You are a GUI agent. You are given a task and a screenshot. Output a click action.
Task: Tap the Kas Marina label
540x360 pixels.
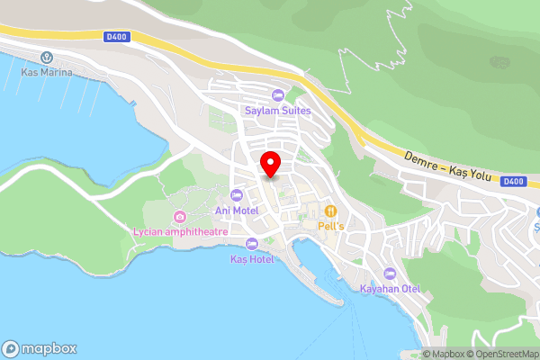coord(48,71)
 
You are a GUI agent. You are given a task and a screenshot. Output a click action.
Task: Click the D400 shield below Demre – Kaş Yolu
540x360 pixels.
coord(512,181)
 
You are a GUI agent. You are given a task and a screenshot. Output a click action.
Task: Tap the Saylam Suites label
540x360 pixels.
coord(278,111)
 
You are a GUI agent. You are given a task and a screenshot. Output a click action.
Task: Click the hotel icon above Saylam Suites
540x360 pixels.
coord(278,95)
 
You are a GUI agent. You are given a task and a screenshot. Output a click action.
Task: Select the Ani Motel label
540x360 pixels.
coord(237,211)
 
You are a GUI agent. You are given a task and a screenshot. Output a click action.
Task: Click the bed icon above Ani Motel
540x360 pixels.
coord(238,195)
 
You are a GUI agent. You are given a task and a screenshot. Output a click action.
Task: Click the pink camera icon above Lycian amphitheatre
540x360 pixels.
coord(180,216)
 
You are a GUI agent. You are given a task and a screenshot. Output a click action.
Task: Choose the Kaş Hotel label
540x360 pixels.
coord(251,258)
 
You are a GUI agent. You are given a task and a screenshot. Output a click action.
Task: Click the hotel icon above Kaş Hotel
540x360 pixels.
coord(251,243)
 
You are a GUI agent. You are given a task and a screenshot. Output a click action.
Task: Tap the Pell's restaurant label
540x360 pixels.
coord(329,227)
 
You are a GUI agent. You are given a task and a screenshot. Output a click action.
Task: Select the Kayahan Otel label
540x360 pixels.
coord(390,289)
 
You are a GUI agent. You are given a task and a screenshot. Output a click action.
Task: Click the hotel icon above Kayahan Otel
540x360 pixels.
coord(390,274)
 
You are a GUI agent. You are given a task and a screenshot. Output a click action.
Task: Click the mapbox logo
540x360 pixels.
coord(40,348)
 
